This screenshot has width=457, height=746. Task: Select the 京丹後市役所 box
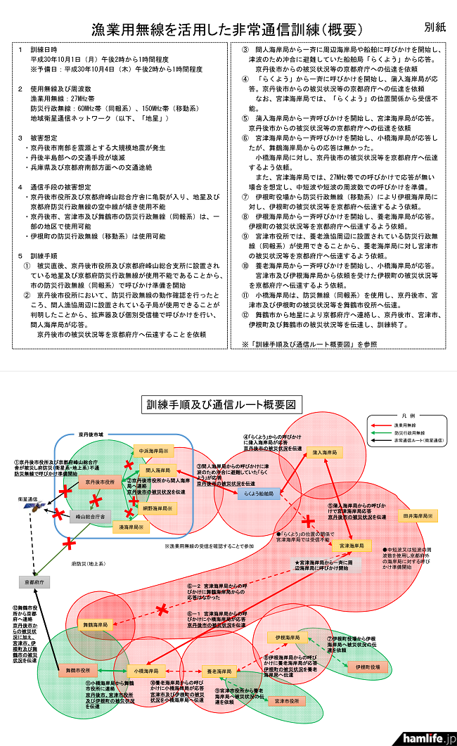[100, 482]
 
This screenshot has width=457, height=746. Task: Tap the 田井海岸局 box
[418, 516]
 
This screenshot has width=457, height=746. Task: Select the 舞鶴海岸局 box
[94, 624]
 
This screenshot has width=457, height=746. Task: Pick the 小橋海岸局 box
[147, 671]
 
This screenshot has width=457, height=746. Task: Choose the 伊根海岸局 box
[286, 637]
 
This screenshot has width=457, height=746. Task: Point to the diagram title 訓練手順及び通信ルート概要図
[224, 405]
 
